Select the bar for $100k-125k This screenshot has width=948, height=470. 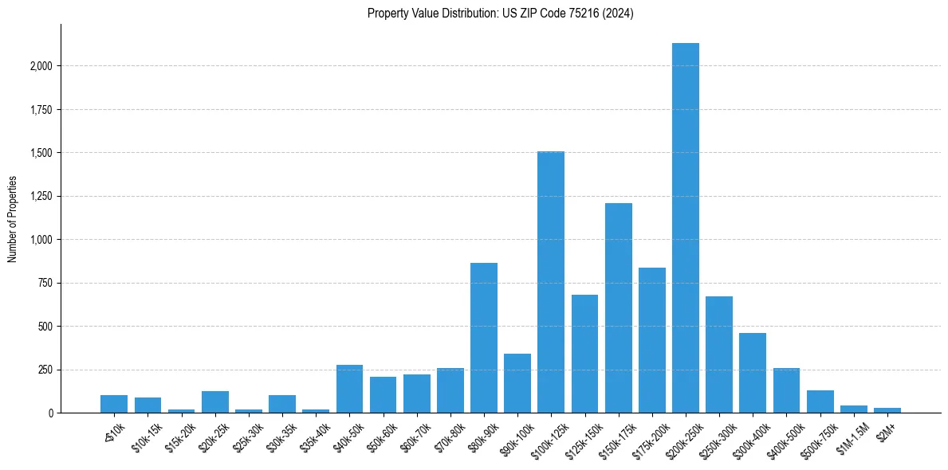coord(551,282)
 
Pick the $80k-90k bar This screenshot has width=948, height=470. coord(483,338)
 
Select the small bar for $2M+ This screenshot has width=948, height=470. coord(887,410)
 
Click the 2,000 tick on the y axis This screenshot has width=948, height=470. coord(40,66)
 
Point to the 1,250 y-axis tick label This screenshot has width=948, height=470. coord(40,197)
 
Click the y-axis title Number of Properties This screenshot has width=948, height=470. coord(12,219)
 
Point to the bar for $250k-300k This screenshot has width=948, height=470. coord(719,354)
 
